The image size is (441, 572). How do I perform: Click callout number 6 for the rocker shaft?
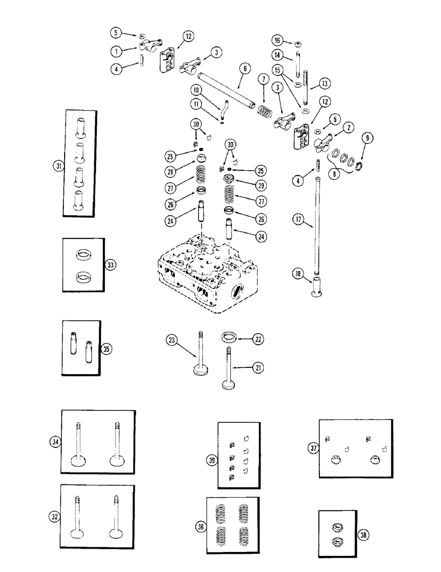click(244, 68)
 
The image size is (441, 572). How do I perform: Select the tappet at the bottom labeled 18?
click(316, 287)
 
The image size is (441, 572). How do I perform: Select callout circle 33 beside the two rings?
click(110, 265)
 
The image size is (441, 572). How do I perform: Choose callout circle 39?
click(211, 460)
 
